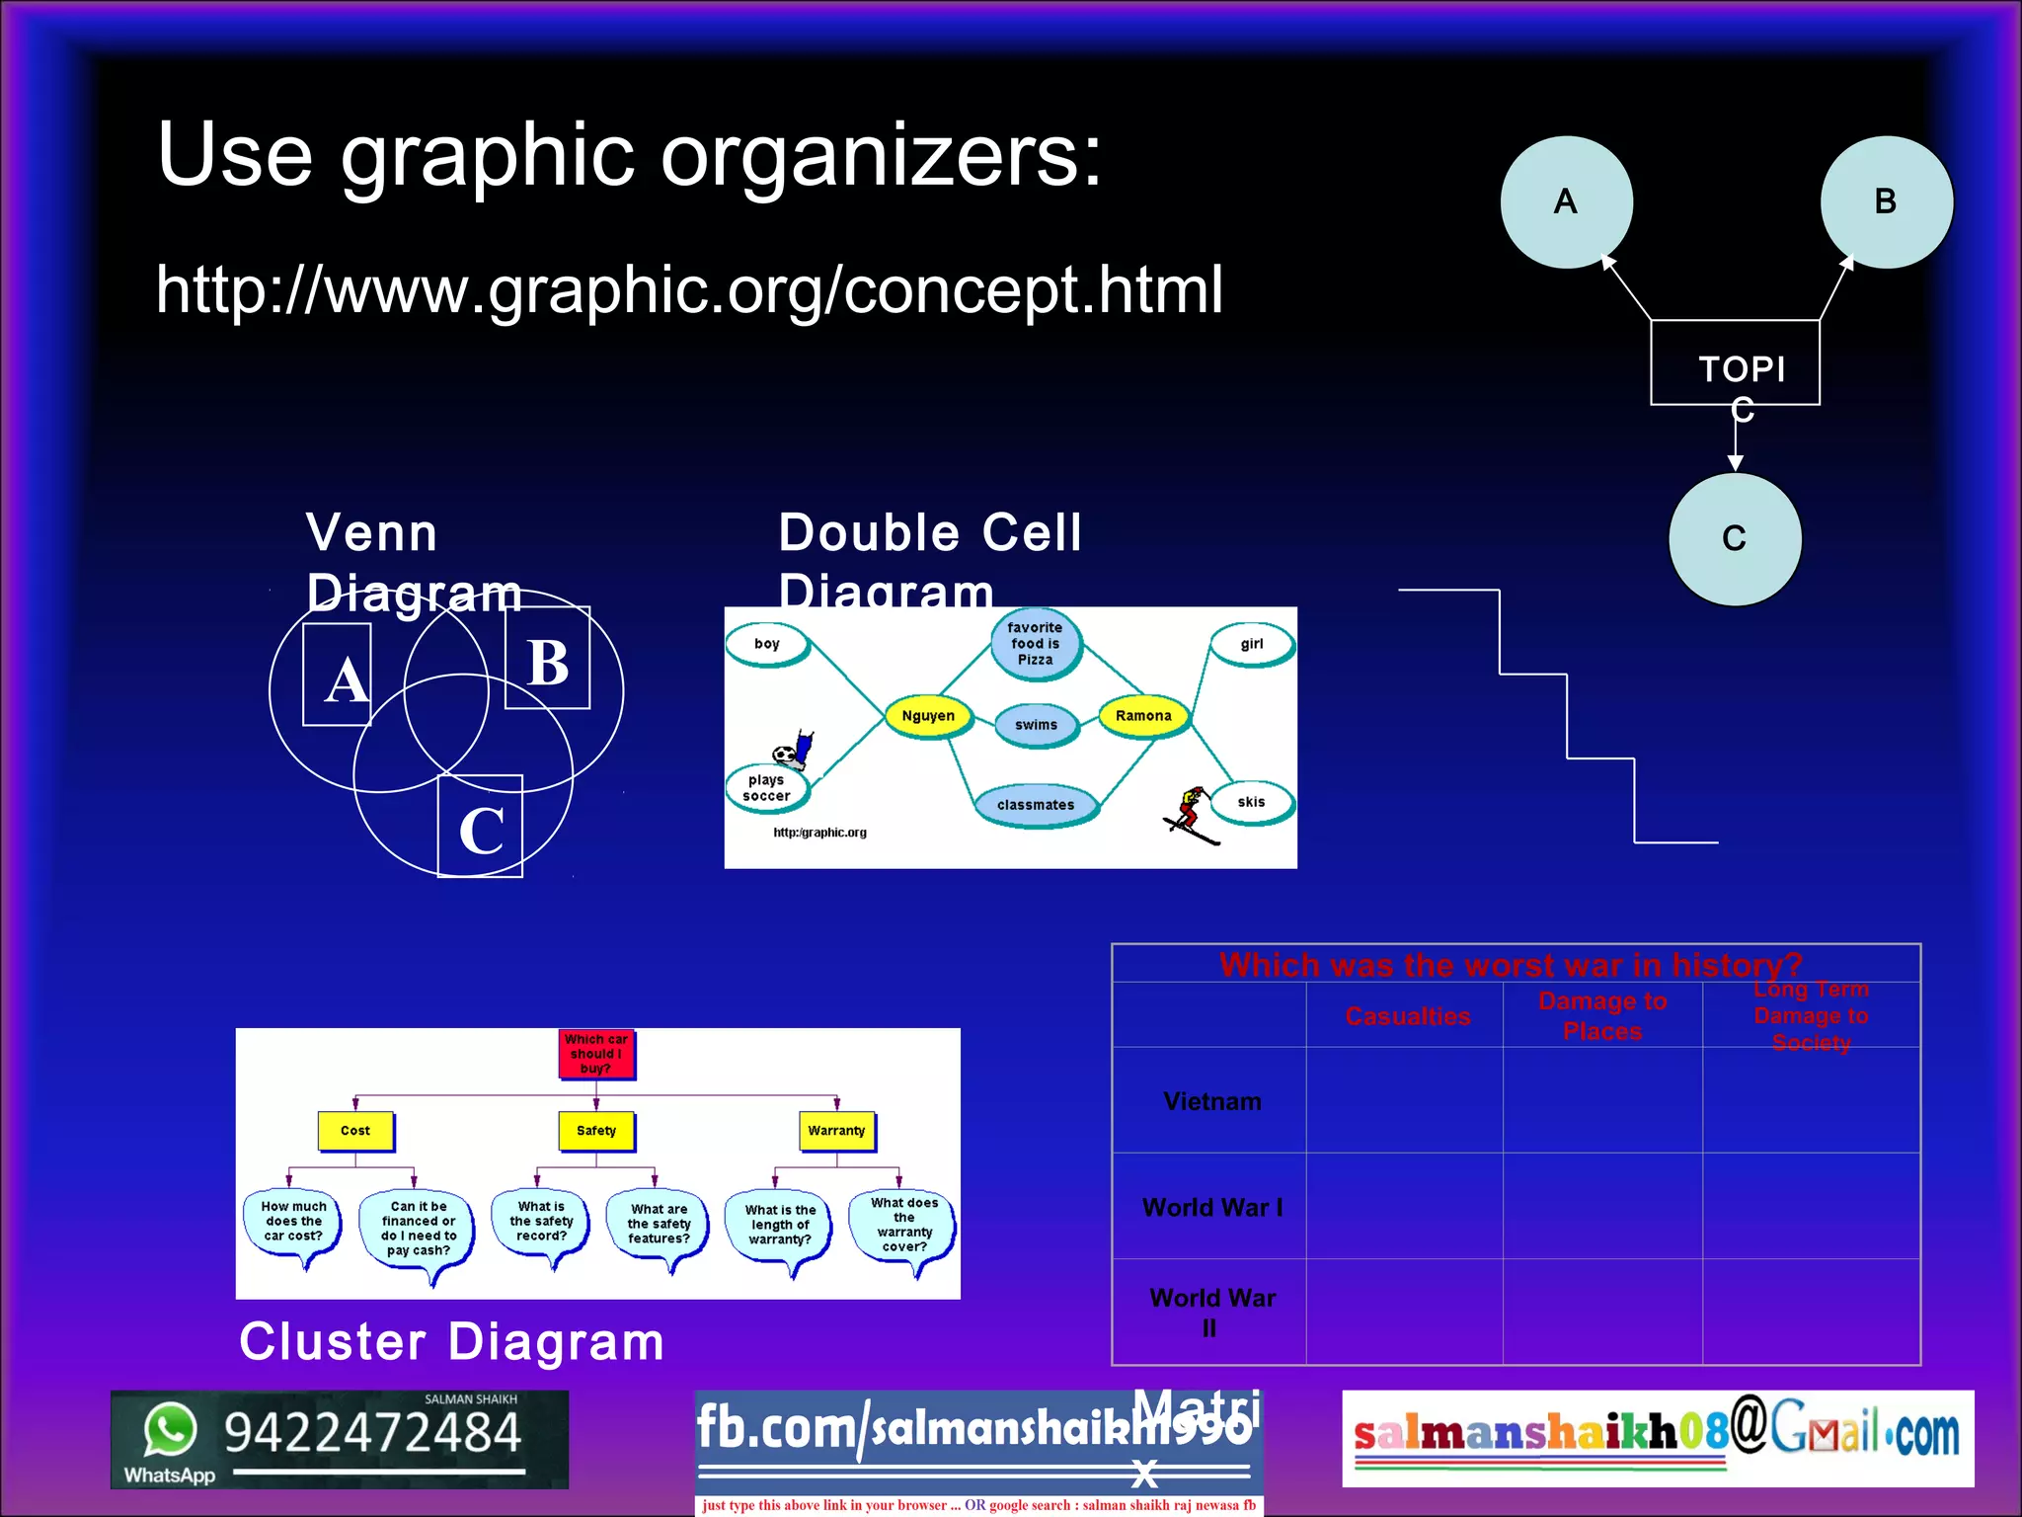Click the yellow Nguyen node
[x=928, y=716]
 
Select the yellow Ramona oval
[x=1143, y=716]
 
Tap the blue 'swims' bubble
[x=1036, y=725]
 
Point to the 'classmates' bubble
[x=1035, y=805]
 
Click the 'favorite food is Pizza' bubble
[x=1035, y=643]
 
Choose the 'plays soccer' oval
[x=766, y=788]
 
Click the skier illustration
[x=1191, y=815]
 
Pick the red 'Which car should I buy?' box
[x=595, y=1054]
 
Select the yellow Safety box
[x=595, y=1131]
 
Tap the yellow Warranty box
[x=835, y=1131]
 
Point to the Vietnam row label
[x=1211, y=1101]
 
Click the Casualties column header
[x=1407, y=1016]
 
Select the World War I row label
[x=1211, y=1207]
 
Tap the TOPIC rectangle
[x=1735, y=363]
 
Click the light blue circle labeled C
[x=1735, y=539]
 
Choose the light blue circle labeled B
[x=1886, y=201]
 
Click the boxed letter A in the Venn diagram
[x=338, y=676]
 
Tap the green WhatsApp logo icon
[x=170, y=1429]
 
